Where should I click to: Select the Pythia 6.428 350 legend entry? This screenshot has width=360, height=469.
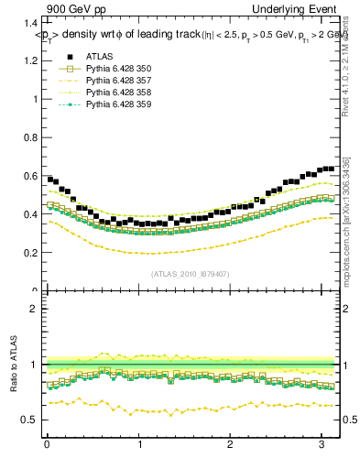[117, 69]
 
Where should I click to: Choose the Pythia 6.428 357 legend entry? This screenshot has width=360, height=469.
[117, 81]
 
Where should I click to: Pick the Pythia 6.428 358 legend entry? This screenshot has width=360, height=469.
[117, 93]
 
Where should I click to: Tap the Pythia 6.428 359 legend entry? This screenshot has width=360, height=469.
[117, 104]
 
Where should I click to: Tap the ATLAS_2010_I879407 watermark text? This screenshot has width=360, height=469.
[191, 274]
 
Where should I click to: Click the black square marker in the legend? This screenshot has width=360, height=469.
[66, 57]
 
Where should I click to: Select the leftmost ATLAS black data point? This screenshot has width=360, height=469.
[49, 179]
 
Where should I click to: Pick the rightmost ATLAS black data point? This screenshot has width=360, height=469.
[332, 168]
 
